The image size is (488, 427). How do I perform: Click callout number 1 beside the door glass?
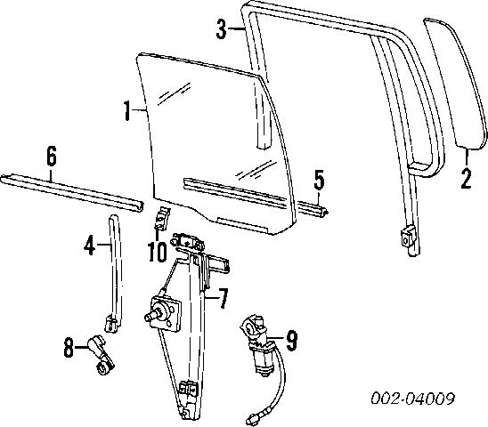(x=127, y=110)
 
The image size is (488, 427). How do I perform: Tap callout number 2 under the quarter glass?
(x=467, y=179)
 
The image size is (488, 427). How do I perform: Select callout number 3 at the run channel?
(x=222, y=28)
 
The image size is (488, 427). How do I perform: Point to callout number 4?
(x=90, y=245)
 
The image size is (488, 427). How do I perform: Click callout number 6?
(x=52, y=156)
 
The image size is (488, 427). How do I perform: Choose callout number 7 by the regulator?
(x=223, y=298)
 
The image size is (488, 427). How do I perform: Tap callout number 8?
(x=69, y=348)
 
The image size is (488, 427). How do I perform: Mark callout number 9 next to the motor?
(x=291, y=340)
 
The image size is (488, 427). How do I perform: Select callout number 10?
(x=157, y=251)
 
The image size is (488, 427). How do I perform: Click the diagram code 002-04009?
(x=412, y=398)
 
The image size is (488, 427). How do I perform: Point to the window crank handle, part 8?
(x=102, y=355)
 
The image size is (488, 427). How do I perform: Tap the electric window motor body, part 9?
(x=264, y=358)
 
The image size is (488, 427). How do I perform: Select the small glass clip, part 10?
(x=162, y=218)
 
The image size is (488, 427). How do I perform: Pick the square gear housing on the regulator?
(x=165, y=312)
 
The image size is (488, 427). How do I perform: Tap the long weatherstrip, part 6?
(x=72, y=191)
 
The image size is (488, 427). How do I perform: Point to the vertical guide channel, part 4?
(x=115, y=273)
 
